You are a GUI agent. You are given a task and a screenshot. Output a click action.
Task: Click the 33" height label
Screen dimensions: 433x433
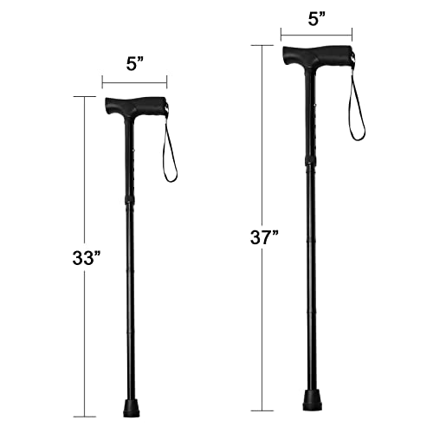click(87, 258)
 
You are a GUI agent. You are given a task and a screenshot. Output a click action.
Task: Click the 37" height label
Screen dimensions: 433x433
click(264, 238)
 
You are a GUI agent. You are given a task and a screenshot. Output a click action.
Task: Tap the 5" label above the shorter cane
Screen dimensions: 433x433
click(135, 64)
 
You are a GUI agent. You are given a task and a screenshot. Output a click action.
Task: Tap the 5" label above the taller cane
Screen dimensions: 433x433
click(317, 20)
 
